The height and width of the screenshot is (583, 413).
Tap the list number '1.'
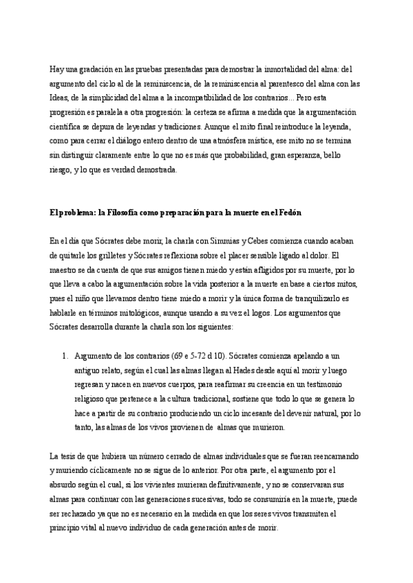tap(65, 357)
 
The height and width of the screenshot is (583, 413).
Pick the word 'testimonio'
tap(320, 385)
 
